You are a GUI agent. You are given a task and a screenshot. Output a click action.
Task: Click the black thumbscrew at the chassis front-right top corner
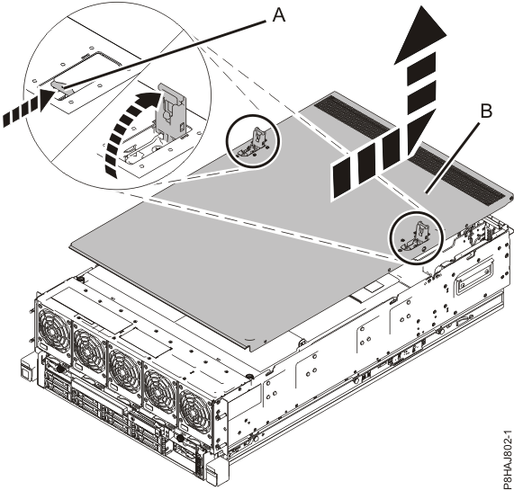[248, 375]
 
